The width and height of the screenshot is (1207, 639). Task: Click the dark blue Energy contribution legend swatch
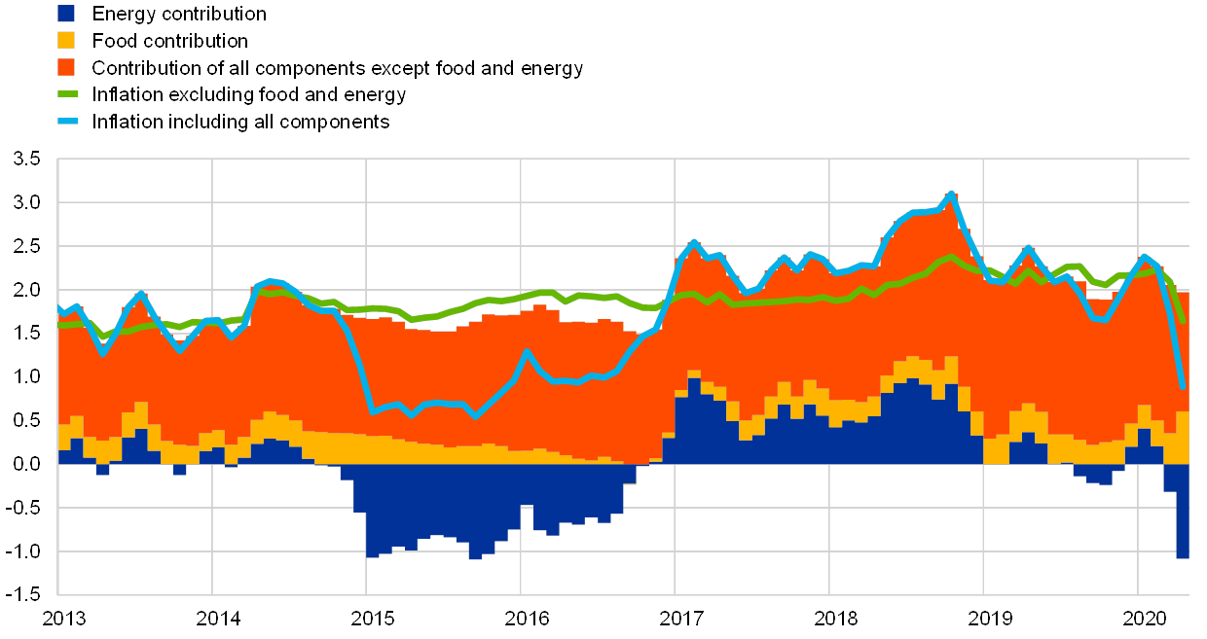click(x=66, y=14)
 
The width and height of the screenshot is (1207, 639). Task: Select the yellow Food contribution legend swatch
click(x=66, y=41)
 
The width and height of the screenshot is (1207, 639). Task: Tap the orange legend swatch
click(x=66, y=67)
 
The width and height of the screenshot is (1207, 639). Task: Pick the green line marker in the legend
click(x=66, y=94)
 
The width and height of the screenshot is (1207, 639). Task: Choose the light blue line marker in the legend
click(x=66, y=122)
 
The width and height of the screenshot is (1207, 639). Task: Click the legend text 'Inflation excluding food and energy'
click(x=247, y=95)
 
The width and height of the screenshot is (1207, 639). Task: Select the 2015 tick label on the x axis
click(x=367, y=619)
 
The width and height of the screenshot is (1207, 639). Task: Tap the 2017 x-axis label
click(x=676, y=619)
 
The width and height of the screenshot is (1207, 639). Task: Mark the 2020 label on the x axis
click(x=1139, y=619)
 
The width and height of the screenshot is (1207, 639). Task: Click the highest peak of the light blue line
click(x=951, y=193)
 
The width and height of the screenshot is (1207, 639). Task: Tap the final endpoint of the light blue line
click(x=1183, y=387)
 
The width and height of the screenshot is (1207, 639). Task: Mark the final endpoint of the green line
click(x=1183, y=322)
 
